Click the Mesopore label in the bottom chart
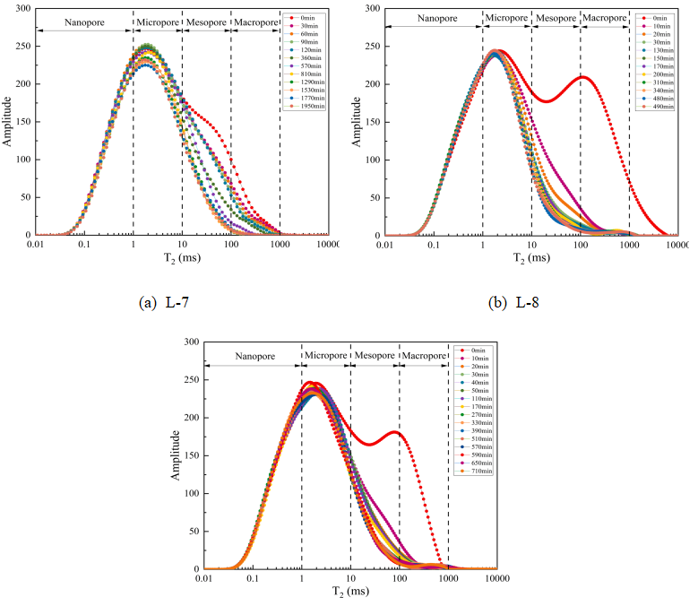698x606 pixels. click(375, 356)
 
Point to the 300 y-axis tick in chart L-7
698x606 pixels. click(22, 9)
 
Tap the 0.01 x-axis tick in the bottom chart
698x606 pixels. click(204, 579)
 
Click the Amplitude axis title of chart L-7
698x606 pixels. click(7, 121)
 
